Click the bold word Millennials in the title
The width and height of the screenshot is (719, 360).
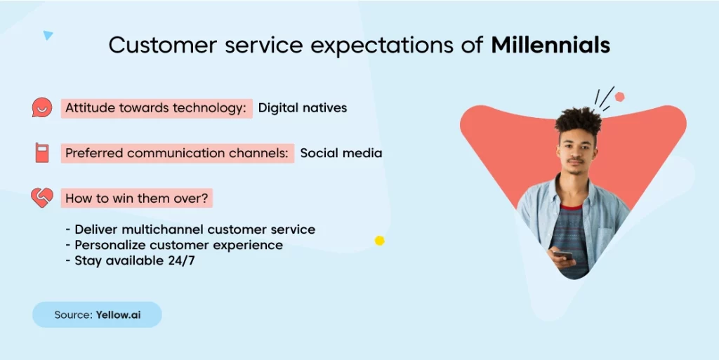[x=550, y=45]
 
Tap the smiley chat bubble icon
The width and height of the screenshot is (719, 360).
[x=41, y=107]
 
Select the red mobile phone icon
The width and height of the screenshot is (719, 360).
[x=41, y=152]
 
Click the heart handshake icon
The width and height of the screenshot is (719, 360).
[x=41, y=197]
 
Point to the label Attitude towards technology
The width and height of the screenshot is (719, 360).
[x=157, y=108]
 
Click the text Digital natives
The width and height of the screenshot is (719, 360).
[x=303, y=108]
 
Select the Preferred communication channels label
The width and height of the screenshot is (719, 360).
[x=178, y=153]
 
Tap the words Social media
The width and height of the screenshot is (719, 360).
[x=341, y=153]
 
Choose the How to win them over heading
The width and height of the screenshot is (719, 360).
[x=137, y=199]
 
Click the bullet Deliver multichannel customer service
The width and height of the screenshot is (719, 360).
[x=190, y=229]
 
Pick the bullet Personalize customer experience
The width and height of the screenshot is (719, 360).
[x=174, y=245]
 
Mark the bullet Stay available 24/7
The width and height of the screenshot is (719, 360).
[x=130, y=260]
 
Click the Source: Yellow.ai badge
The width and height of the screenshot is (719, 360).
[x=97, y=314]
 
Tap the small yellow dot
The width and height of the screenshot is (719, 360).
[x=379, y=241]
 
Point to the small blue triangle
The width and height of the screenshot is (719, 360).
[x=48, y=35]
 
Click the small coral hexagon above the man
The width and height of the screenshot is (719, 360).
[x=619, y=97]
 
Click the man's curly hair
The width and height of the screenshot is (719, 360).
[x=579, y=121]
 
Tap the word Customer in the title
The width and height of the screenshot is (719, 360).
[x=163, y=46]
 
